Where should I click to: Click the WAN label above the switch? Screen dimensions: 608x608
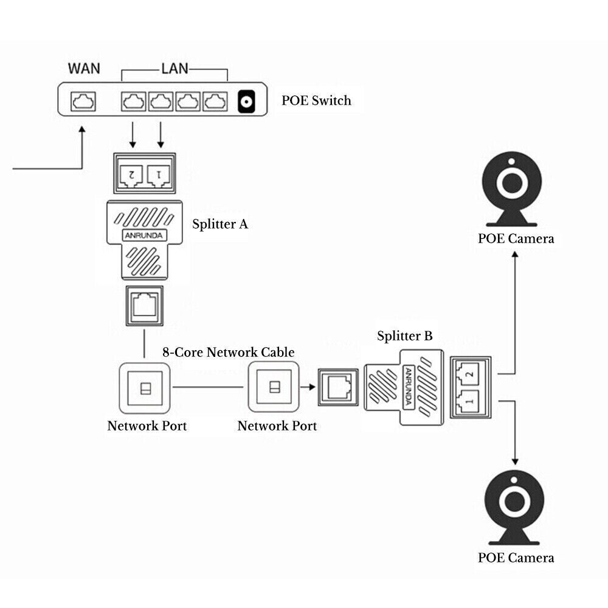pos(84,67)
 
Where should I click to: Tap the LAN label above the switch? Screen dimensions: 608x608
pos(174,67)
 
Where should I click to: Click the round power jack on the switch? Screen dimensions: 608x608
pos(246,102)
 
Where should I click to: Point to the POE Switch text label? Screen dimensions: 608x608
pos(316,100)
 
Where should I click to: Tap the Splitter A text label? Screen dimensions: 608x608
pos(220,224)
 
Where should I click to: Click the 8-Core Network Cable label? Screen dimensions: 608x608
pos(228,352)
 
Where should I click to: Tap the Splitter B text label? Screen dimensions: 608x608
pos(405,336)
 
